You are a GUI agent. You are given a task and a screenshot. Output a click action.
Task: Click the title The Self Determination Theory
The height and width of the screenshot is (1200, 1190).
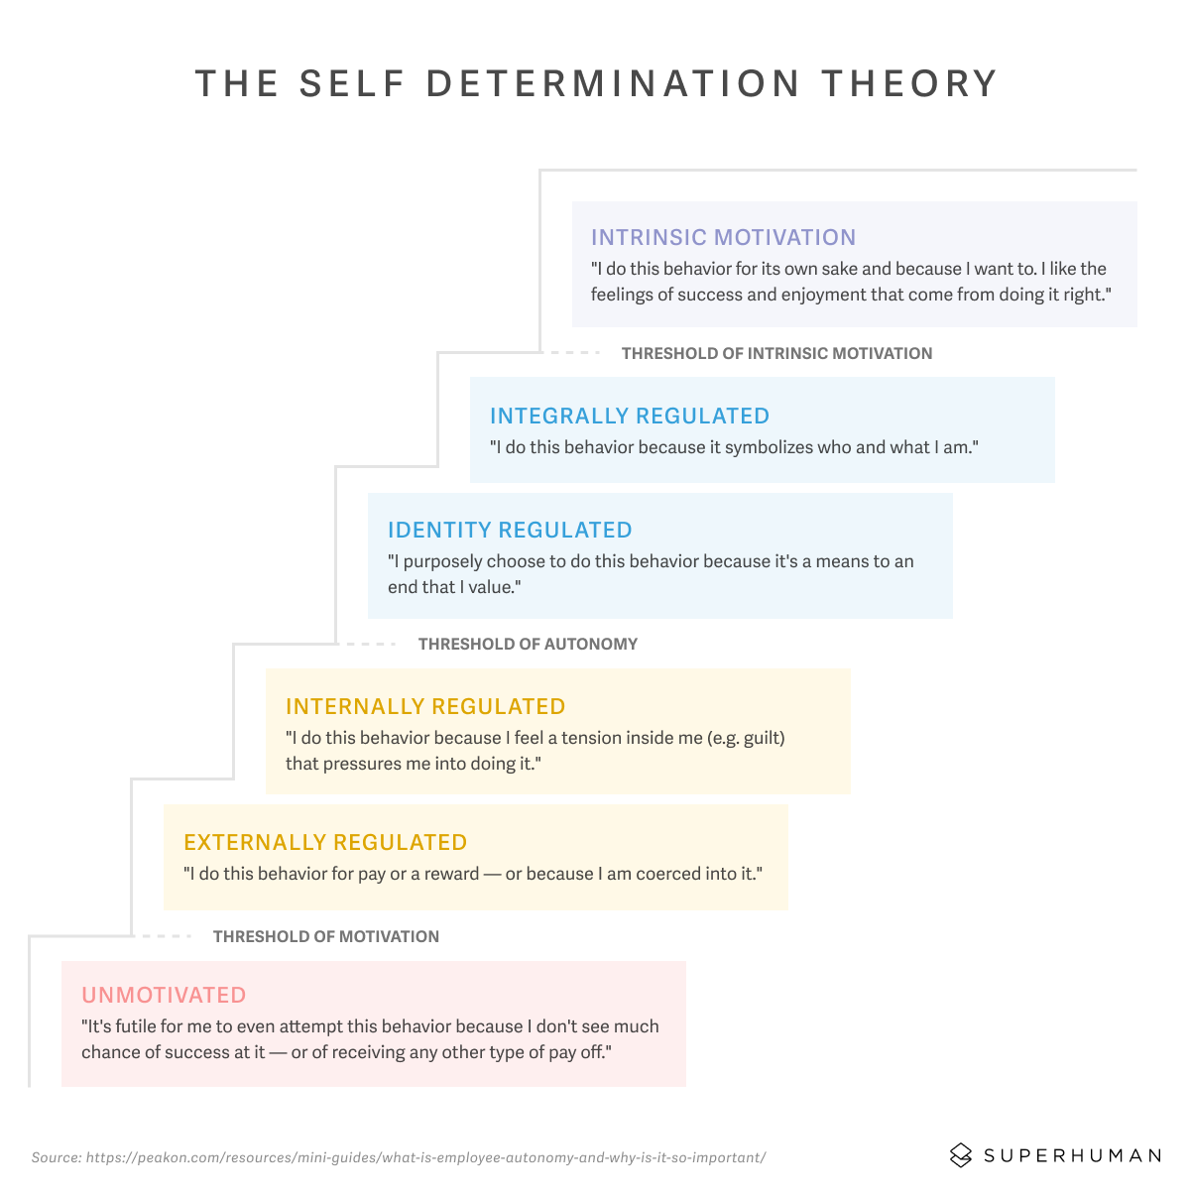(x=596, y=84)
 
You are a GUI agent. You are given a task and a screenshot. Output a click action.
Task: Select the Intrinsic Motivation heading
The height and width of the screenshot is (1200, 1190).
(x=723, y=237)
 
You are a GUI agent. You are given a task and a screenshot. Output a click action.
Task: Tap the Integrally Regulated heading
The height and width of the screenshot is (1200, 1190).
(x=630, y=416)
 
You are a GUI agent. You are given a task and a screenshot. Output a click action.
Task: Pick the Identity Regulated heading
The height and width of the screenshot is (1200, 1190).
(x=510, y=530)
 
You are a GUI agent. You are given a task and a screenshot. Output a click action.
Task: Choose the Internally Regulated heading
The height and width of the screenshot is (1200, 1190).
(x=425, y=706)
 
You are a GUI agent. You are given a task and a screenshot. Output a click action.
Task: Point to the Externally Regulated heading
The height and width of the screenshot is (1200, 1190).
(x=325, y=842)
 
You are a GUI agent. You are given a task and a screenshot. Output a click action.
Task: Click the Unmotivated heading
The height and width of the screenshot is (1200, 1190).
(x=164, y=995)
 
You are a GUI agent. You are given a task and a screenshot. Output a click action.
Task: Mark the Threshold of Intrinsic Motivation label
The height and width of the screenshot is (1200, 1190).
(x=776, y=353)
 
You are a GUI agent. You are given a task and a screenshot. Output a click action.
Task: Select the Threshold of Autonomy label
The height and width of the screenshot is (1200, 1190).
(x=528, y=644)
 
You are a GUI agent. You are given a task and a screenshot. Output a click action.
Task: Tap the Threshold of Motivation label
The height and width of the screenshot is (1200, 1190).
(x=325, y=936)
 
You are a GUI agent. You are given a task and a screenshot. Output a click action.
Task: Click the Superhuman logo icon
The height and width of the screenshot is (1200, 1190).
(x=960, y=1155)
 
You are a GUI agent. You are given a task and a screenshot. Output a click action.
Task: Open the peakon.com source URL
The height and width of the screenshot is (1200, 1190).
(x=425, y=1157)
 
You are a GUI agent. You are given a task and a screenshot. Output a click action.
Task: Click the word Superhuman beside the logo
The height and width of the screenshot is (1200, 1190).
(x=1072, y=1155)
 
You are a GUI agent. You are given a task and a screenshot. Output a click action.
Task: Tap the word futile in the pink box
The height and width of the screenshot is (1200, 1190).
(x=138, y=1026)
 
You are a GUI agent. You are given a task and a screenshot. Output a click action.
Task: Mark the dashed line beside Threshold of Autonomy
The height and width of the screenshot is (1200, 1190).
(x=368, y=644)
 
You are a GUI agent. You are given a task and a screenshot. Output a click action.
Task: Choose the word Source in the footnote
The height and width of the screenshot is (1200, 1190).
(x=55, y=1157)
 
